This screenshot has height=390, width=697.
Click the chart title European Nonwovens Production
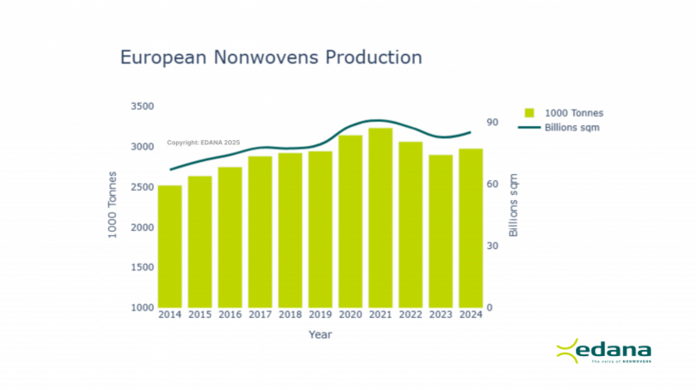271,57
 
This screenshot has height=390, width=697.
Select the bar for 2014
170,246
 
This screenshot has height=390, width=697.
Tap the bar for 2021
380,217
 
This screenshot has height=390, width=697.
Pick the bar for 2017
260,232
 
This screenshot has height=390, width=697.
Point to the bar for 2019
320,229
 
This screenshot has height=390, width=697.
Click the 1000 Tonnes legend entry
564,113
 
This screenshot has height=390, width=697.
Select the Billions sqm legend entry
564,128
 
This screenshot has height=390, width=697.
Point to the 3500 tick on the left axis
142,106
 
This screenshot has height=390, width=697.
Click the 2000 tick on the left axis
142,227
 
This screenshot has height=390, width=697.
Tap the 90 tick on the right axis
491,123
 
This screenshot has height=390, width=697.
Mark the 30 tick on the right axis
491,246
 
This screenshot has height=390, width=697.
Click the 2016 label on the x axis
230,314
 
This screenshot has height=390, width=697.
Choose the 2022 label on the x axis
411,314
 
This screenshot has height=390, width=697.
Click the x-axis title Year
320,334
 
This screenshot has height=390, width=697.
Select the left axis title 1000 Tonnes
113,205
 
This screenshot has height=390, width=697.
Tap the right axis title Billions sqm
514,206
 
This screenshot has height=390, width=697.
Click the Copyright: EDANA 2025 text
203,143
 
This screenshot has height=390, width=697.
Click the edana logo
603,352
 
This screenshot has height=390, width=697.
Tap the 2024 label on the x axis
470,314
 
